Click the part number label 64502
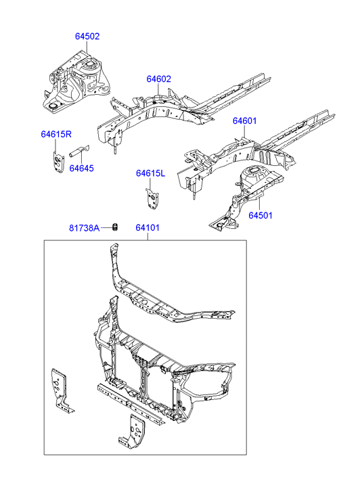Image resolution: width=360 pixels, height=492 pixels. point(87,37)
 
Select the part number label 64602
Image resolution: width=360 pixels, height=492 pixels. point(159,79)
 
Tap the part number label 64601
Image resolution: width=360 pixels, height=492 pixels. point(244,121)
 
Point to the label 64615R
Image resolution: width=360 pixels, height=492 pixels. point(56,134)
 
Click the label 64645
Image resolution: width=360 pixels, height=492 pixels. point(82,169)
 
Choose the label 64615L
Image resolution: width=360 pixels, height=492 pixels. point(150,173)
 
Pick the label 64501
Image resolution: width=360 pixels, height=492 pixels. point(261,216)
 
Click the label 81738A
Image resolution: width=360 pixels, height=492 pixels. point(84,228)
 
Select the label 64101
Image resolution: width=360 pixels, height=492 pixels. point(148,228)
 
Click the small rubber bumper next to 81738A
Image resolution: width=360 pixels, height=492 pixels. point(116,227)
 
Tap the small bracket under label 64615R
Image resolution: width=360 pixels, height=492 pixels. point(58,161)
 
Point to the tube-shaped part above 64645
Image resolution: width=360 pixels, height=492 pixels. point(79,151)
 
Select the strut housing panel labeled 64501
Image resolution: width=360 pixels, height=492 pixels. point(247,198)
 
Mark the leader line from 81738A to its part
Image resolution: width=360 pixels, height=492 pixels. point(106,228)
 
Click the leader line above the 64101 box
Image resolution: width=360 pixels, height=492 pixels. point(148,236)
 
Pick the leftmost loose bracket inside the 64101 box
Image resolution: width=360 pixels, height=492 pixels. point(62,390)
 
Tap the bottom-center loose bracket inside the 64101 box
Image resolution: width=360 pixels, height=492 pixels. point(133,430)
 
